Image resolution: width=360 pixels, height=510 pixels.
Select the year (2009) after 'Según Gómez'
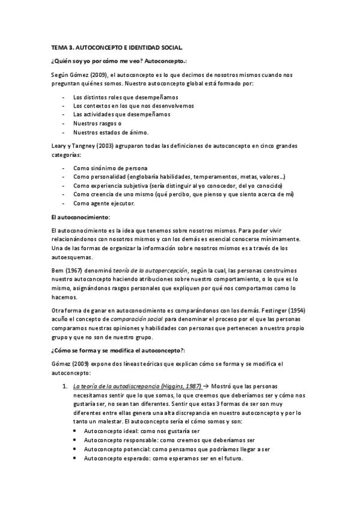pyautogui.click(x=100, y=74)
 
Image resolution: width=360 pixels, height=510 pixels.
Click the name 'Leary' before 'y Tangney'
pyautogui.click(x=59, y=146)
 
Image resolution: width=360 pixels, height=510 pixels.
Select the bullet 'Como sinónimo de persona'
pyautogui.click(x=110, y=169)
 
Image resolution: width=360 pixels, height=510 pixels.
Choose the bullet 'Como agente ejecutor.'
pyautogui.click(x=103, y=204)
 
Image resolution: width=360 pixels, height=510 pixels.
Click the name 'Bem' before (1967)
pyautogui.click(x=58, y=271)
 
